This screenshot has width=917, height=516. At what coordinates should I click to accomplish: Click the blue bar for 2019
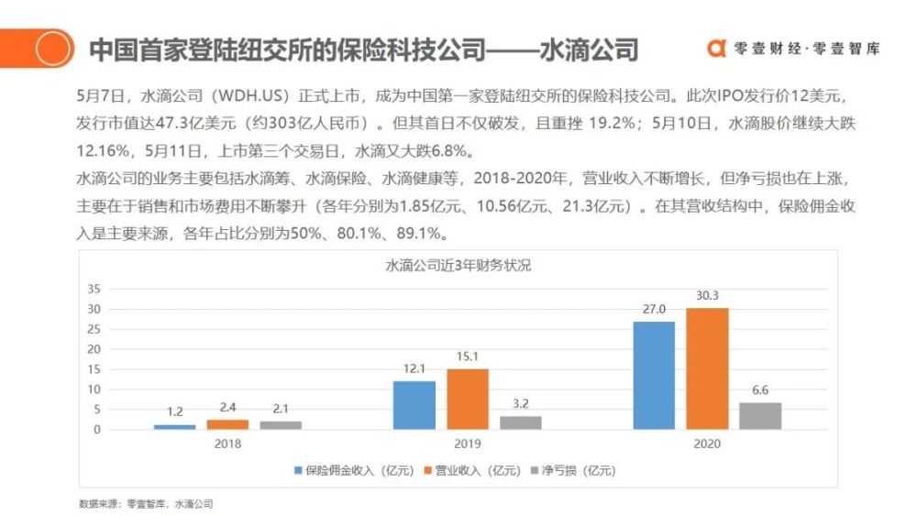pyautogui.click(x=414, y=405)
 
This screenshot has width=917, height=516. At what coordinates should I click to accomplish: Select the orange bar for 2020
pyautogui.click(x=707, y=368)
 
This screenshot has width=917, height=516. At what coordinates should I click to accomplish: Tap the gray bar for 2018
pyautogui.click(x=281, y=425)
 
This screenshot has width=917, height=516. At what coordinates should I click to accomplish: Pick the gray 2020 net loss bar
pyautogui.click(x=760, y=416)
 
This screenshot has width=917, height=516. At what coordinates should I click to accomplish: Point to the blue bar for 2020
pyautogui.click(x=654, y=375)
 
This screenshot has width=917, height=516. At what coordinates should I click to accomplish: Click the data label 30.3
pyautogui.click(x=707, y=296)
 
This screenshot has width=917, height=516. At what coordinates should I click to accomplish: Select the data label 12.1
pyautogui.click(x=414, y=368)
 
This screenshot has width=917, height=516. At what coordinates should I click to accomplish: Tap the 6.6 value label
pyautogui.click(x=760, y=390)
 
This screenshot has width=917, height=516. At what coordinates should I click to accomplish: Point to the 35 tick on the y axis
pyautogui.click(x=94, y=289)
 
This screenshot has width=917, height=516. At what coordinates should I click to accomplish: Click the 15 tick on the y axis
pyautogui.click(x=94, y=369)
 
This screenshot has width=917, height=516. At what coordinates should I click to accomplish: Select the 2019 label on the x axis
pyautogui.click(x=468, y=445)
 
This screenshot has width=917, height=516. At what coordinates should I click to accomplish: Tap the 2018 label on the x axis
pyautogui.click(x=227, y=445)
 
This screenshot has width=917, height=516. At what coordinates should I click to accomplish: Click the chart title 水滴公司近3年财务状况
pyautogui.click(x=458, y=266)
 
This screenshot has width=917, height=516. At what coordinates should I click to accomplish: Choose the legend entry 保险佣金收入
pyautogui.click(x=354, y=470)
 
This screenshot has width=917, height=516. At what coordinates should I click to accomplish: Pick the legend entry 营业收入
pyautogui.click(x=472, y=470)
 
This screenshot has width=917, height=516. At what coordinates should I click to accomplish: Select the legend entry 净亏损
pyautogui.click(x=573, y=470)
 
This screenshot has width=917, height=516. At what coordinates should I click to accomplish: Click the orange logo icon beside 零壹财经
pyautogui.click(x=716, y=49)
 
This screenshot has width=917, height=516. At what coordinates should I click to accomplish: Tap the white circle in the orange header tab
pyautogui.click(x=52, y=48)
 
